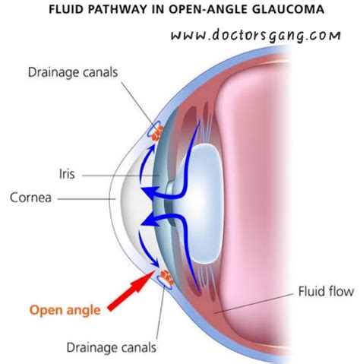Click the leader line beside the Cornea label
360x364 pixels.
[84, 198]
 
